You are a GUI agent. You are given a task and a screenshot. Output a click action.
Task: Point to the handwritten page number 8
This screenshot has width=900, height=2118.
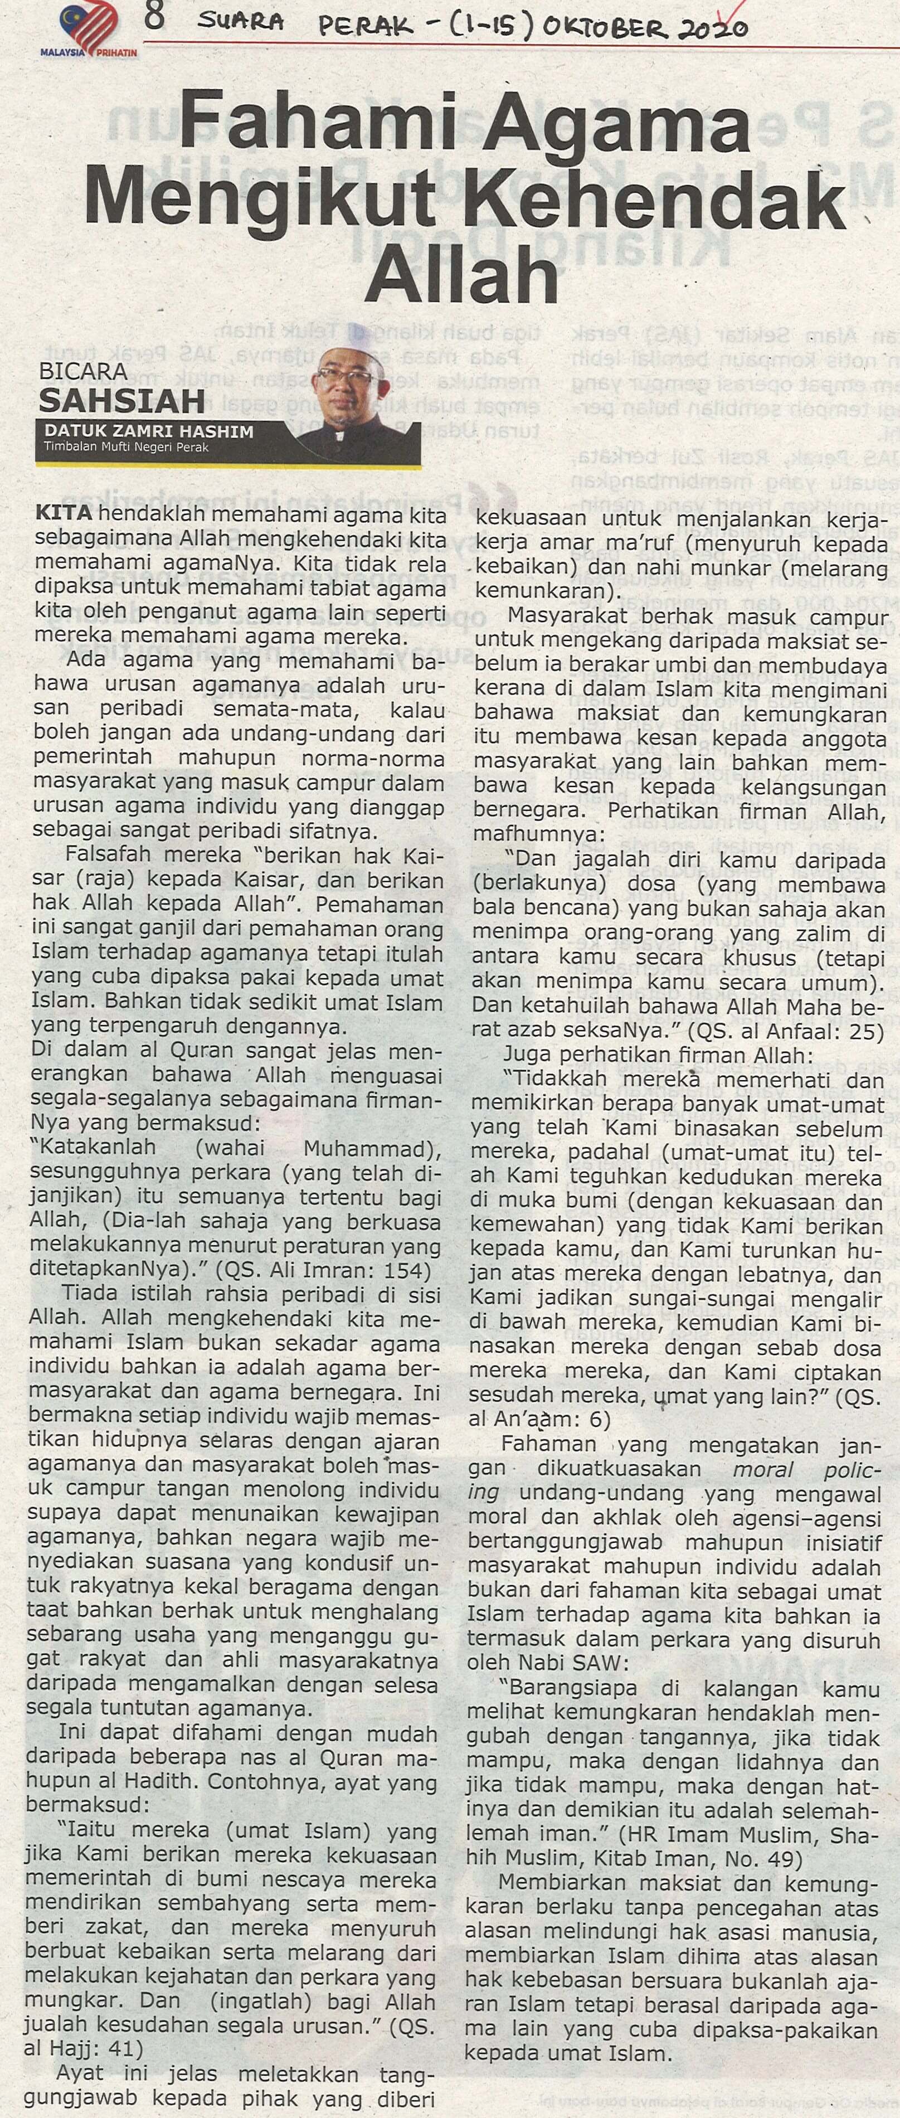(154, 18)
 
